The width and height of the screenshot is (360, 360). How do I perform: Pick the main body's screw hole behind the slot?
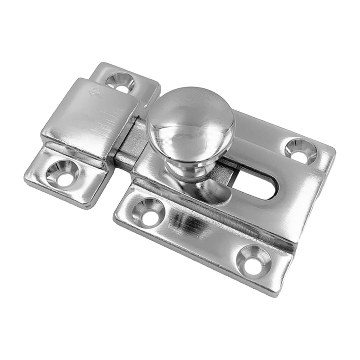pyautogui.click(x=301, y=151)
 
